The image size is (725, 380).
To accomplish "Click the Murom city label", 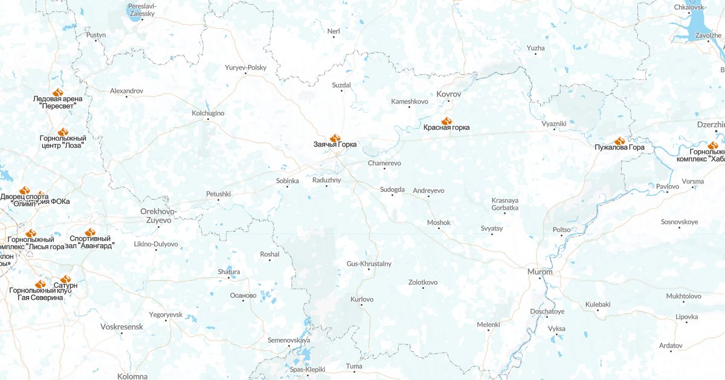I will (x=540, y=271).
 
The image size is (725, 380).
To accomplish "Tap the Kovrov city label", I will (x=448, y=95).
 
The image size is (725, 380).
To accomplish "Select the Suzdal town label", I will (x=341, y=85).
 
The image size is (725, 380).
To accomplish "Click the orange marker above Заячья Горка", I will (x=335, y=138).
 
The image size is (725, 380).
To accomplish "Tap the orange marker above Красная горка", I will (x=446, y=121).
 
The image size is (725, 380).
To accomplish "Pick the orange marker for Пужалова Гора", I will (x=619, y=141).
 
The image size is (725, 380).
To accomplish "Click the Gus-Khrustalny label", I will (x=369, y=264).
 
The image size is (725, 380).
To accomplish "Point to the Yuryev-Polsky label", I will (x=245, y=68).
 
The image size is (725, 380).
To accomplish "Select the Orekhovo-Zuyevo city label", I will (x=158, y=215).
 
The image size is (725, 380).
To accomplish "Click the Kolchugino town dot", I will (x=208, y=119).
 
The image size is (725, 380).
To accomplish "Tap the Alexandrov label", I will (x=126, y=90).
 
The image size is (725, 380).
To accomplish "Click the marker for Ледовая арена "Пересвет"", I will (x=58, y=92).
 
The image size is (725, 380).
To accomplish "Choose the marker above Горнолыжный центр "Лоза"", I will (x=63, y=132).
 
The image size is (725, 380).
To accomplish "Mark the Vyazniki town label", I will (x=554, y=124).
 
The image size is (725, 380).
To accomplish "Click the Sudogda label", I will (x=392, y=189).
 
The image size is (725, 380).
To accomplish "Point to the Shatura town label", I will (x=229, y=272).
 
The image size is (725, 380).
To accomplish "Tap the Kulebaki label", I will (x=598, y=305).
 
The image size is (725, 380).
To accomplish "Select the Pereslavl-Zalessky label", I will (x=142, y=10).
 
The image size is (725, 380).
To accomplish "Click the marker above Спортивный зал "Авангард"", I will (x=90, y=232).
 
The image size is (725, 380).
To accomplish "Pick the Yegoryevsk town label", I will (x=166, y=315).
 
